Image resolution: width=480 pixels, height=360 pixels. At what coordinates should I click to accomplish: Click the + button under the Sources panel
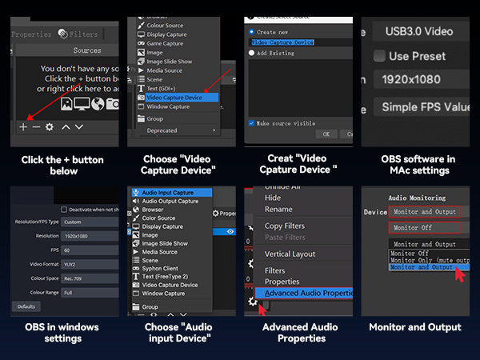pyautogui.click(x=23, y=126)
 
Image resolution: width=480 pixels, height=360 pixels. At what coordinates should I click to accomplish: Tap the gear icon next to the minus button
pyautogui.click(x=50, y=126)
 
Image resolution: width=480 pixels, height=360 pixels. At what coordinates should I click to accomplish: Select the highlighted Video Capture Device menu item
pyautogui.click(x=174, y=98)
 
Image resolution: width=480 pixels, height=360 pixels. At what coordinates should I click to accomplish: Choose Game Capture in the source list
pyautogui.click(x=166, y=43)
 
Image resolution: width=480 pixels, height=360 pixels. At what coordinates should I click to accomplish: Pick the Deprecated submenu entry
pyautogui.click(x=162, y=130)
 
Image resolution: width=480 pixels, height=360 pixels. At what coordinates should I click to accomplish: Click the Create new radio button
pyautogui.click(x=251, y=32)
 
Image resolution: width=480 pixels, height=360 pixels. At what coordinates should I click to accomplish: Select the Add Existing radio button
pyautogui.click(x=251, y=53)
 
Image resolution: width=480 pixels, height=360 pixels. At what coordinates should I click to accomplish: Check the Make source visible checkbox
pyautogui.click(x=251, y=123)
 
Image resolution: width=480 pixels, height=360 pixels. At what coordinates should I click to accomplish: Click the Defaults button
pyautogui.click(x=27, y=306)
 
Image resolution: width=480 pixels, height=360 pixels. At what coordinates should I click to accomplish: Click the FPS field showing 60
pyautogui.click(x=88, y=250)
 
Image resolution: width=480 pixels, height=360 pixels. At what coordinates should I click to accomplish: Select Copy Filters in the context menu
pyautogui.click(x=284, y=226)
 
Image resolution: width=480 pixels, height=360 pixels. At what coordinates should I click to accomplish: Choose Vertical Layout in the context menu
pyautogui.click(x=290, y=254)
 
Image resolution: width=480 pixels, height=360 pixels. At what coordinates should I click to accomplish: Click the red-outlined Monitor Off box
pyautogui.click(x=413, y=228)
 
